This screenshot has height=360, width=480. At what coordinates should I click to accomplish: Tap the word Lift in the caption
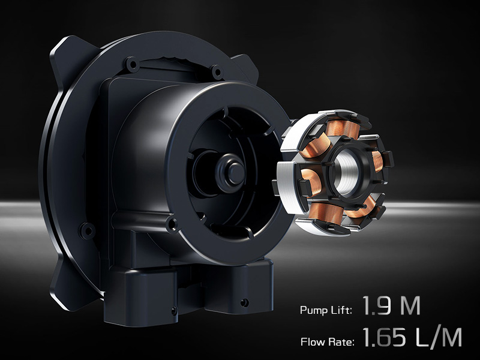click(x=341, y=310)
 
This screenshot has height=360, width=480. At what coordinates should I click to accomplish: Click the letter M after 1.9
click(x=410, y=305)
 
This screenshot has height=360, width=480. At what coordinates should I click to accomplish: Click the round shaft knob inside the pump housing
click(x=233, y=172)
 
